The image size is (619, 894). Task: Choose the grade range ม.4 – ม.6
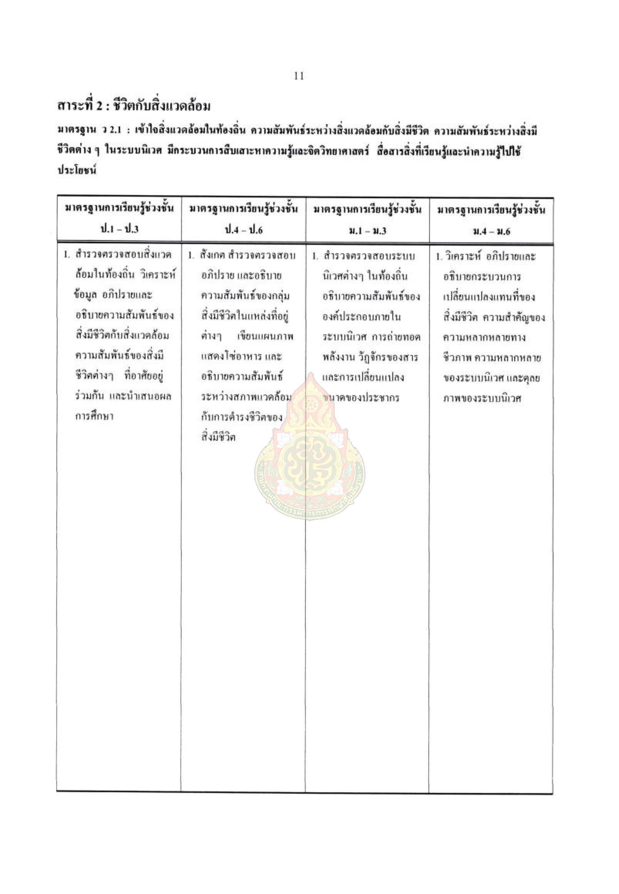[492, 231]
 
